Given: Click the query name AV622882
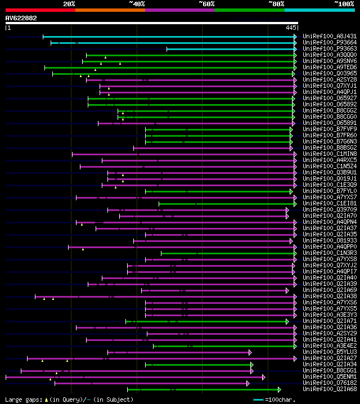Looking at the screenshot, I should (x=21, y=18).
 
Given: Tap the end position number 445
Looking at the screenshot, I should (x=291, y=28).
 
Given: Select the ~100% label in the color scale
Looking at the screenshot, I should (x=344, y=3).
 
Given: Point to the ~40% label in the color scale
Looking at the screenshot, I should (x=137, y=3).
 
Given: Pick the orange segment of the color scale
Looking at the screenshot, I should (x=110, y=10).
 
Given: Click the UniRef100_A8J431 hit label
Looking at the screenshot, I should (x=329, y=37).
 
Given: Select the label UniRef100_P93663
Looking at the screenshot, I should (x=329, y=49).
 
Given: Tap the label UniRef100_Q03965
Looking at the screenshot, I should (x=329, y=74).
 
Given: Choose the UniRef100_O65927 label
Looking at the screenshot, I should (x=329, y=98).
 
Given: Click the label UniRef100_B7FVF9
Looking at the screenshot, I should (x=329, y=129).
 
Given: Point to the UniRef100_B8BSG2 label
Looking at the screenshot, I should (x=329, y=148).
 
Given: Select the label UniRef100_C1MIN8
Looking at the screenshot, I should (x=329, y=154).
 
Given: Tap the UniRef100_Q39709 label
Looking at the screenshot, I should (x=329, y=210).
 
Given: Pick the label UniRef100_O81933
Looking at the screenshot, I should (x=329, y=241).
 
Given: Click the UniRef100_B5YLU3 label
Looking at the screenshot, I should (x=329, y=352).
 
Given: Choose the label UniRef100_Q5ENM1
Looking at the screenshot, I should (x=329, y=377).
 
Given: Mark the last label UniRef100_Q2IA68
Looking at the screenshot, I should (x=329, y=389).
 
